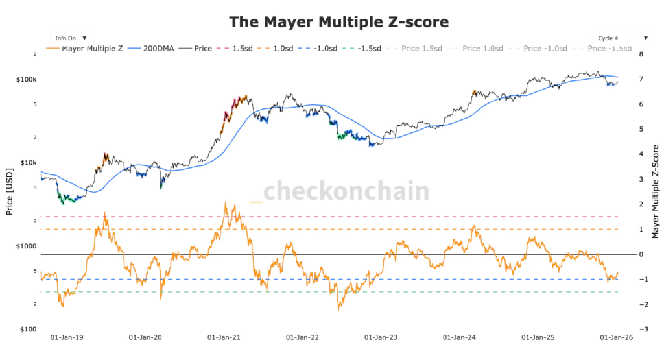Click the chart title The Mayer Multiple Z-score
[x=338, y=21]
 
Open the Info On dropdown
[x=71, y=38]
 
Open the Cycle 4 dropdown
[x=621, y=38]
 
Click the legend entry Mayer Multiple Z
[x=87, y=49]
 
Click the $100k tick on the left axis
[x=27, y=79]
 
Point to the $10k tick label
[x=29, y=163]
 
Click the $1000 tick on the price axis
[x=27, y=246]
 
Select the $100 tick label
[x=29, y=330]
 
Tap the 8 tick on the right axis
[x=641, y=54]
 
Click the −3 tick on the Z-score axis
[x=641, y=330]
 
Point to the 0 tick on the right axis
[x=641, y=254]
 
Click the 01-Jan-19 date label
[x=68, y=338]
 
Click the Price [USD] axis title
[x=9, y=192]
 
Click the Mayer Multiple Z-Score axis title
[x=655, y=192]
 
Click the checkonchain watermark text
[x=346, y=192]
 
